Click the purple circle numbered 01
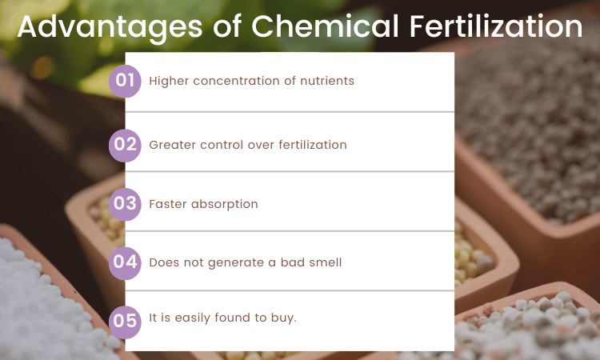[x=125, y=81]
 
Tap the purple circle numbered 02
[x=125, y=145]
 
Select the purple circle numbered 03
[x=125, y=204]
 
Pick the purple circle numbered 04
[x=125, y=262]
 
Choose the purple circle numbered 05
[x=125, y=318]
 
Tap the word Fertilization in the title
[x=496, y=26]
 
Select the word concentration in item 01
[x=234, y=81]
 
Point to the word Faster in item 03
[x=167, y=204]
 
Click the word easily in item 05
[x=194, y=318]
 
